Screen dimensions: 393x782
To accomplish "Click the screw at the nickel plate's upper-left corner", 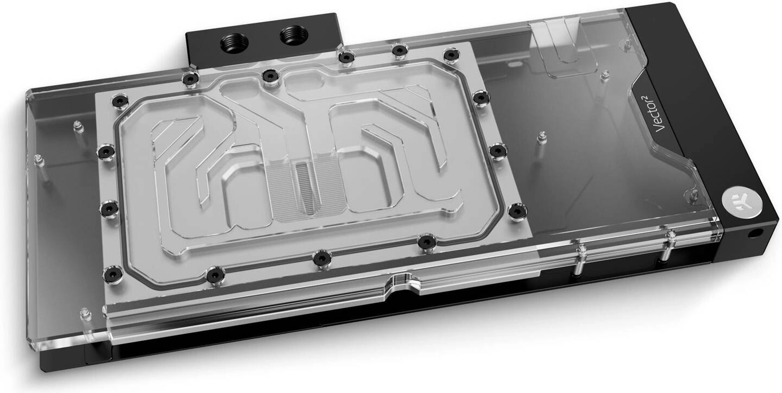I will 118,102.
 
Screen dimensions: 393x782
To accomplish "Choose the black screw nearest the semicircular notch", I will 427,239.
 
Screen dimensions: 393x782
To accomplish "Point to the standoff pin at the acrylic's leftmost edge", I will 38,161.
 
